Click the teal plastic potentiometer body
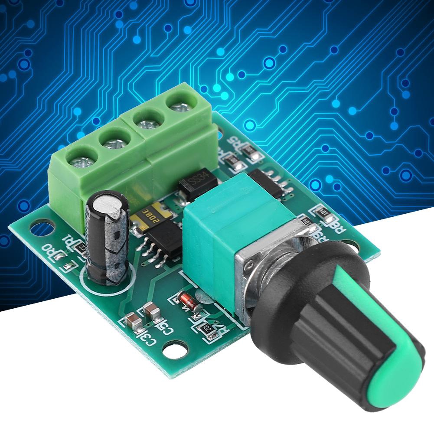225,225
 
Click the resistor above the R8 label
323,212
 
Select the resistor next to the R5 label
251,152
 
